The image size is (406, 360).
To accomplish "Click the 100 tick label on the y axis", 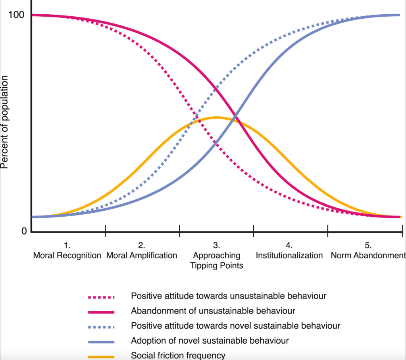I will (x=17, y=15).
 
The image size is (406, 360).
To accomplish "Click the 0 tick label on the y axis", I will (x=24, y=231).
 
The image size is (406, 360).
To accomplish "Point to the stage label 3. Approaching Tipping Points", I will (x=216, y=256).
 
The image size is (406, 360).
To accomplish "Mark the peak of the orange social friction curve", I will (x=216, y=117).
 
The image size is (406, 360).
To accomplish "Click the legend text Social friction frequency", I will (x=178, y=356).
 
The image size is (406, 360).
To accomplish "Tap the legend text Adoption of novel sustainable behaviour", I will (x=210, y=341).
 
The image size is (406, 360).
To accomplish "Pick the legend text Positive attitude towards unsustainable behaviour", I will (x=229, y=296).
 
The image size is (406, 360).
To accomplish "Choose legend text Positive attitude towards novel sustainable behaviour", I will (x=235, y=325).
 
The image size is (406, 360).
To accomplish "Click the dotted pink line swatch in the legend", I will (x=101, y=296).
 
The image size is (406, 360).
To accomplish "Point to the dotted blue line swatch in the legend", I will (x=101, y=326).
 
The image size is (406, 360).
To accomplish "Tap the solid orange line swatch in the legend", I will (x=101, y=356).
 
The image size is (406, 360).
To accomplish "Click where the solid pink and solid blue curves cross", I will (x=236, y=116).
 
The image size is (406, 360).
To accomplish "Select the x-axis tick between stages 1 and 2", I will (x=105, y=230).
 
